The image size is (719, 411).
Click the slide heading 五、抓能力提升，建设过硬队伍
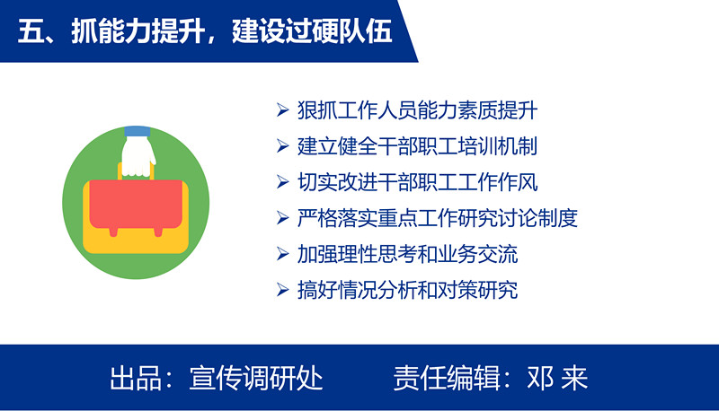(x=205, y=31)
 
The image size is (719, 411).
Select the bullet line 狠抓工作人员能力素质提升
(x=417, y=110)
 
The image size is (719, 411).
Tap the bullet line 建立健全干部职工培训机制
(x=417, y=146)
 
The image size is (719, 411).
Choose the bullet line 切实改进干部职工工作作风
(x=417, y=182)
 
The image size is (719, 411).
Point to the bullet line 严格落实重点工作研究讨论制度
(x=438, y=218)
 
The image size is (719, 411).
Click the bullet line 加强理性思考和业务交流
(x=408, y=255)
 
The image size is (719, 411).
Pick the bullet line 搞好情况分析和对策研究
(x=408, y=290)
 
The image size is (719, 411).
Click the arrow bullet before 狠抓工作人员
(x=282, y=110)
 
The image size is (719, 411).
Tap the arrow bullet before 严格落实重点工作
(x=282, y=218)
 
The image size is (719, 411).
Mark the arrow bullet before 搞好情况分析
(x=282, y=290)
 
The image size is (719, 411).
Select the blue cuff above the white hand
(x=138, y=131)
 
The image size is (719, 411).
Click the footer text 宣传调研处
(x=256, y=378)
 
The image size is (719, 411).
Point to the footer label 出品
(x=136, y=378)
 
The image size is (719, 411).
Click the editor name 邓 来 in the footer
(x=557, y=378)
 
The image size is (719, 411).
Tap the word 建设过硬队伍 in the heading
(x=312, y=31)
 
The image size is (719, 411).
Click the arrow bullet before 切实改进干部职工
(x=282, y=182)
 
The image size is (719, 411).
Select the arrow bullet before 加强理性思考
(x=282, y=255)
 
